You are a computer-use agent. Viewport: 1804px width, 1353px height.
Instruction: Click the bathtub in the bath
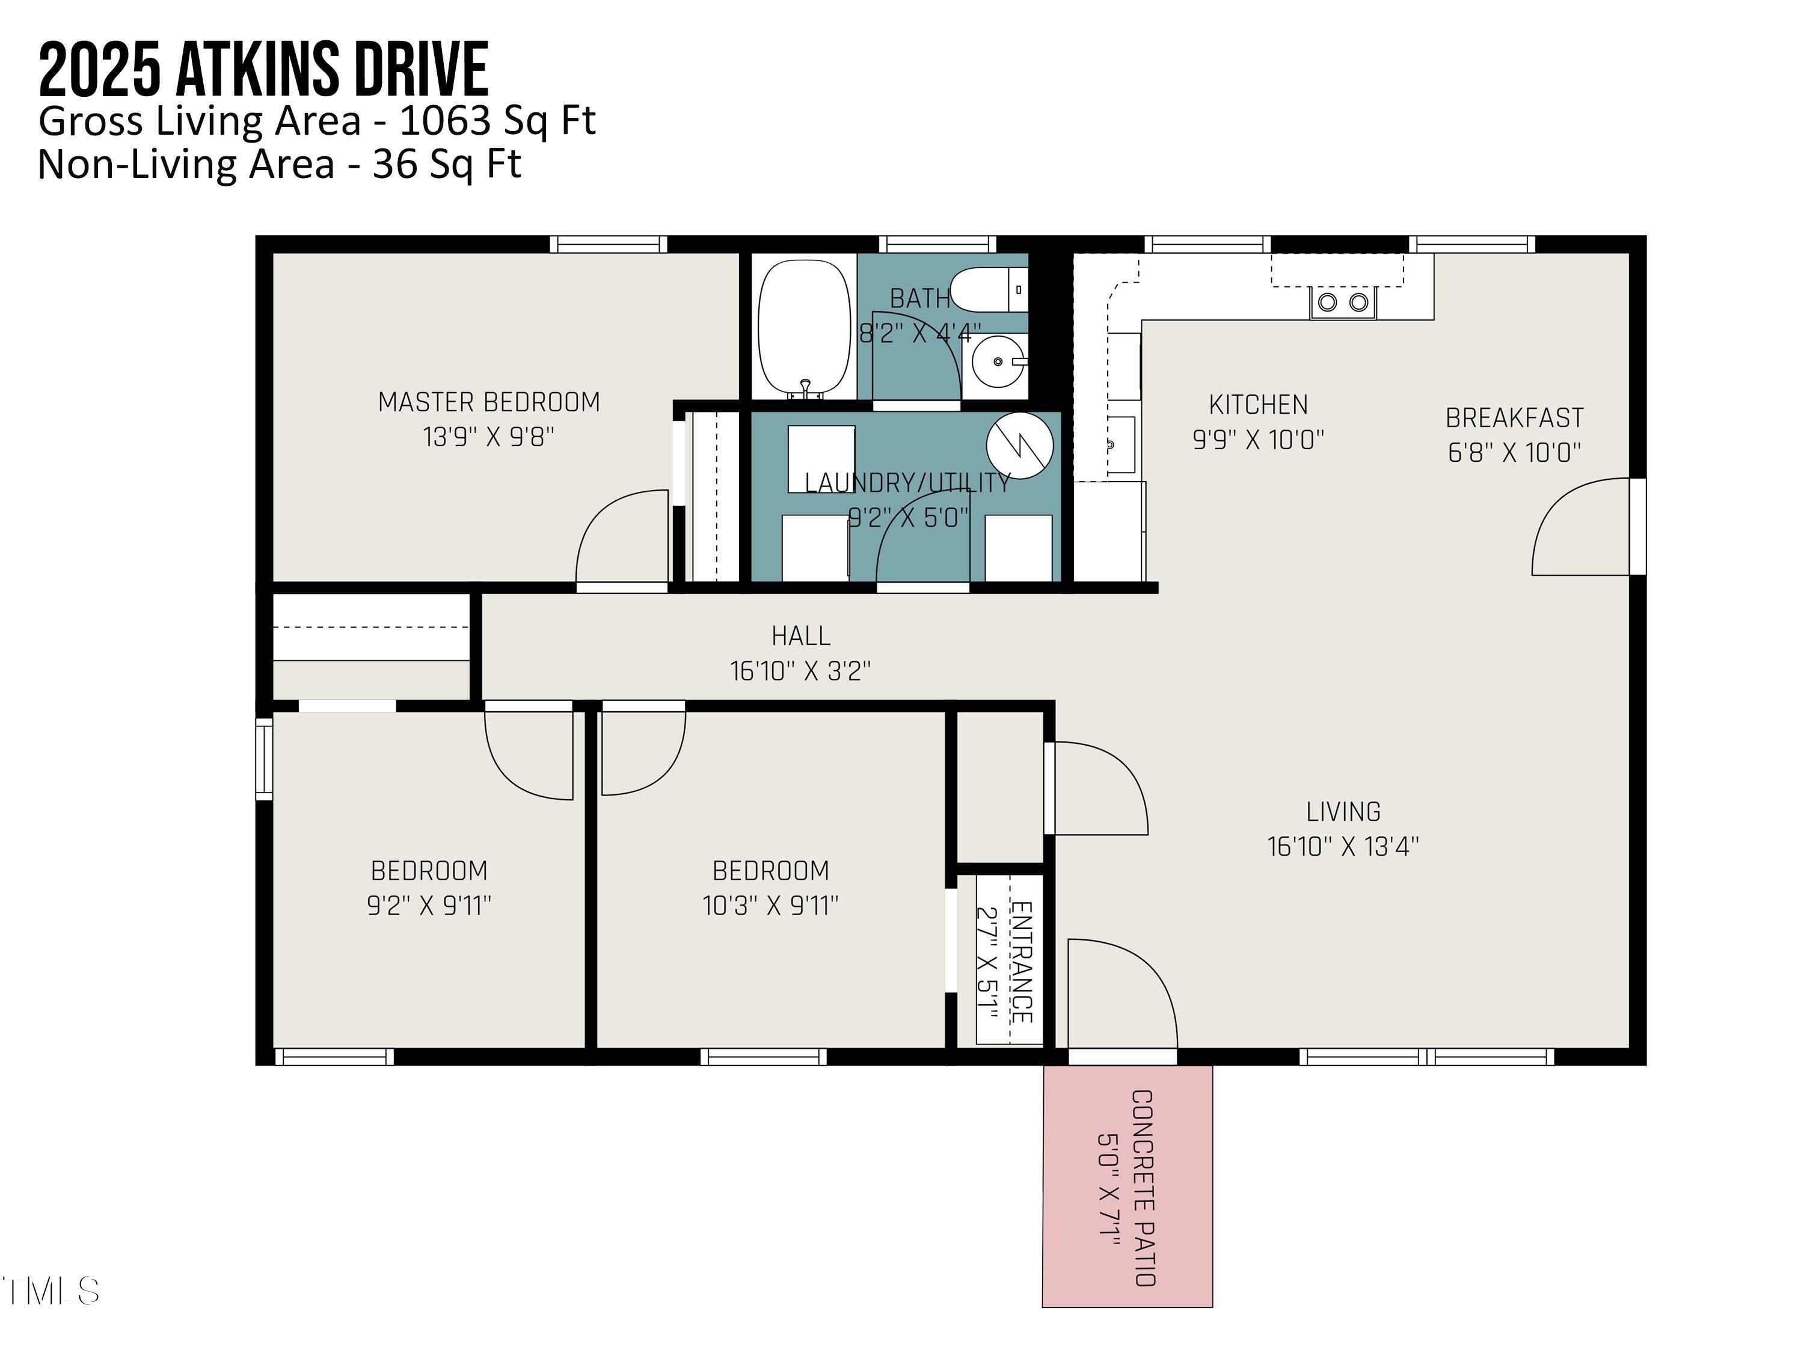[803, 328]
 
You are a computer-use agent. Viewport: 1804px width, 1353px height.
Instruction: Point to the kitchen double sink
[1342, 302]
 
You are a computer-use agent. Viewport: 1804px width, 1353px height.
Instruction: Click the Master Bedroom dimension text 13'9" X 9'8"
[488, 437]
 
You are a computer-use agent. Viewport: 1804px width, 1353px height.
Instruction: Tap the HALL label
[801, 636]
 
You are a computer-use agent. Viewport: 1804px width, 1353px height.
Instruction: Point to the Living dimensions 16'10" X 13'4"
[1342, 847]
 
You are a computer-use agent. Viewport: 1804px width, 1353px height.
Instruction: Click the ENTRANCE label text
[1022, 962]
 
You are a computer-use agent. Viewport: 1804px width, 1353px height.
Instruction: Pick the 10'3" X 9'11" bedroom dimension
[771, 905]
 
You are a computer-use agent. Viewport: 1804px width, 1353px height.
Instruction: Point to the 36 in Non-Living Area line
[394, 165]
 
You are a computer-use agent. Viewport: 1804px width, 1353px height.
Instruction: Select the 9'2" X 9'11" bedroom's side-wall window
[264, 758]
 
